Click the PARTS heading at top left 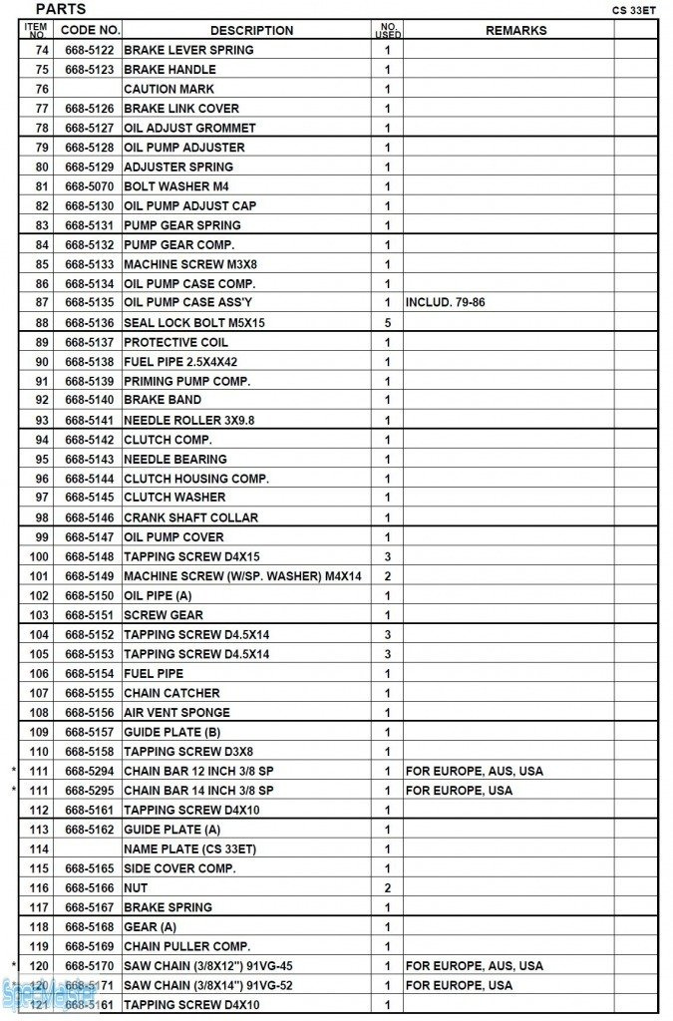point(61,9)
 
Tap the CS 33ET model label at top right point(634,11)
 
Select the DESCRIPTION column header point(251,31)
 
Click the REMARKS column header point(515,31)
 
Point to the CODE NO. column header point(90,31)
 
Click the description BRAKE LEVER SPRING point(188,50)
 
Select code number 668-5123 point(90,70)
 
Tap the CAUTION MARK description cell point(168,89)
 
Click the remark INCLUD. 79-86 point(445,302)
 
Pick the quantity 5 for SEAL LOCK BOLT point(387,323)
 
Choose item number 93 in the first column point(41,420)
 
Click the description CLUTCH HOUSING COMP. point(195,479)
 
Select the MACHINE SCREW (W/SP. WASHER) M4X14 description point(242,576)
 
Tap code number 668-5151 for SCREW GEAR point(90,615)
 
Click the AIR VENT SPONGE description point(176,713)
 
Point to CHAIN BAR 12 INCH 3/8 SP point(198,771)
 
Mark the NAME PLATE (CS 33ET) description point(189,849)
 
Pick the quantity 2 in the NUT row point(387,887)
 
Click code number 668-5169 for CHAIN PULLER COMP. point(90,946)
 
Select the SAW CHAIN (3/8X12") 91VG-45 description point(207,966)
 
